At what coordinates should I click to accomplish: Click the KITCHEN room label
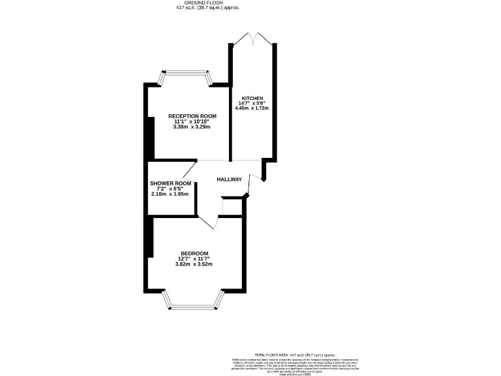pos(252,98)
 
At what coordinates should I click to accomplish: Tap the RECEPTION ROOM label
pos(192,116)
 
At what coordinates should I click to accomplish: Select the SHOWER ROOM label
pos(170,183)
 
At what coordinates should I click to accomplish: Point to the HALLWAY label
pos(230,180)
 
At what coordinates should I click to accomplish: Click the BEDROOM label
pos(194,253)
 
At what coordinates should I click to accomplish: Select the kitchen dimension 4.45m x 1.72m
pos(252,108)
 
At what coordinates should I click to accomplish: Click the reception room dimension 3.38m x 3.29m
pos(192,127)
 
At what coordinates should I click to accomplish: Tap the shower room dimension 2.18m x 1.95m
pos(170,194)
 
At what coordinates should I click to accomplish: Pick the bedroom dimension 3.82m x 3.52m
pos(194,264)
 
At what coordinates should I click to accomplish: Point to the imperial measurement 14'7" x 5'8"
pos(252,103)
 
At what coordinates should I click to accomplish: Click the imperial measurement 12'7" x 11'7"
pos(194,258)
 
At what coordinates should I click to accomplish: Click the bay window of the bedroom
pos(194,300)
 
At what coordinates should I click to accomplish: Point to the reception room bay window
pos(187,78)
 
